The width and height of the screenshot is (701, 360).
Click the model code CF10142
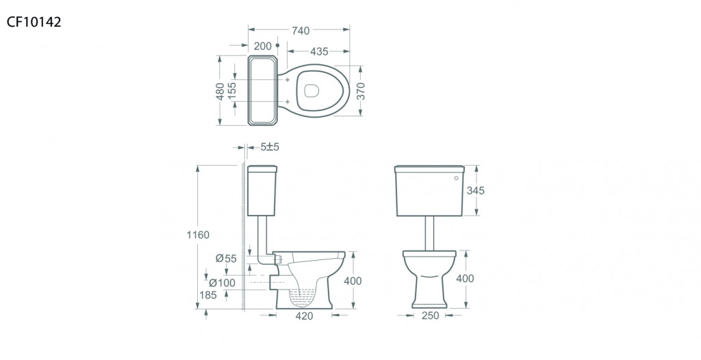click(34, 22)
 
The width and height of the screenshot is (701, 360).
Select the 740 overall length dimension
click(301, 30)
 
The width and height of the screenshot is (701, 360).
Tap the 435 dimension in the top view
click(319, 51)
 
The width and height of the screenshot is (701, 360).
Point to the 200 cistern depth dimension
click(262, 46)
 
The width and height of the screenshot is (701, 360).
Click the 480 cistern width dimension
click(220, 91)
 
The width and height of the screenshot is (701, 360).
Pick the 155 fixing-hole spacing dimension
click(231, 91)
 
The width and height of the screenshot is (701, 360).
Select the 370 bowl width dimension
click(361, 91)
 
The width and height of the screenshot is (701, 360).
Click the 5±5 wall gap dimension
click(270, 146)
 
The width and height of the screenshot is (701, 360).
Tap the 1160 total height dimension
click(198, 235)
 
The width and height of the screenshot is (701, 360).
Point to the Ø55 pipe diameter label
click(226, 258)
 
